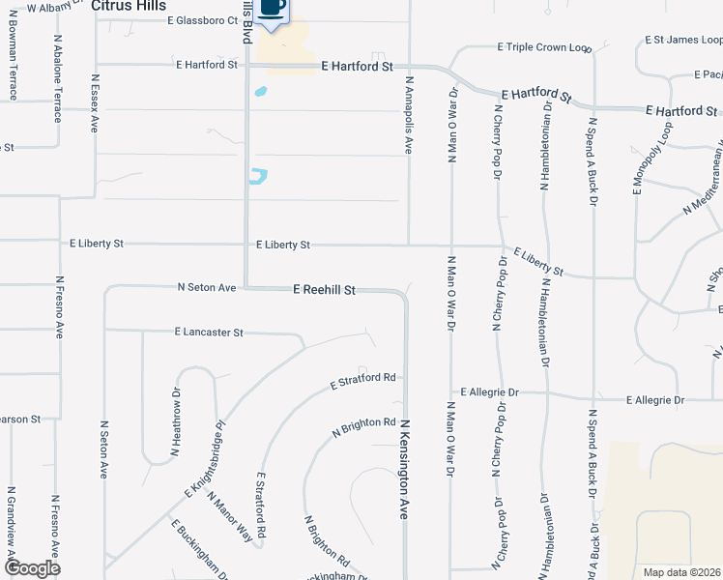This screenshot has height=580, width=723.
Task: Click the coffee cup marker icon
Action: tap(273, 8)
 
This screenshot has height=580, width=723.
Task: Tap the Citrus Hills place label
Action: tap(129, 6)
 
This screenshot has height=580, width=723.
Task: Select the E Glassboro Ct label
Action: tap(202, 20)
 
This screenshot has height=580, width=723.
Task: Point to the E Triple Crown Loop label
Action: tap(544, 46)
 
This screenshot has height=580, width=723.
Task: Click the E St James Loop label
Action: tap(683, 41)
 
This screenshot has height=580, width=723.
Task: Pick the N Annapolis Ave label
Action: tap(409, 116)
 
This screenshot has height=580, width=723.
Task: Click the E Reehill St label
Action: tap(325, 290)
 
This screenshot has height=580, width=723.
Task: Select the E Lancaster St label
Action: tap(209, 332)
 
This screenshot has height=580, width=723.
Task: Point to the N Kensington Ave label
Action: tap(406, 469)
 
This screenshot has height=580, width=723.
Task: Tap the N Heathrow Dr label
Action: tap(177, 418)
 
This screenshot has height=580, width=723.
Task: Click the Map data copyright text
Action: tap(680, 572)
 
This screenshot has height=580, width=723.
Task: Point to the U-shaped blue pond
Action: tap(256, 176)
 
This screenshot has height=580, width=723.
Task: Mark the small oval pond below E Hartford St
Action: tap(259, 93)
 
